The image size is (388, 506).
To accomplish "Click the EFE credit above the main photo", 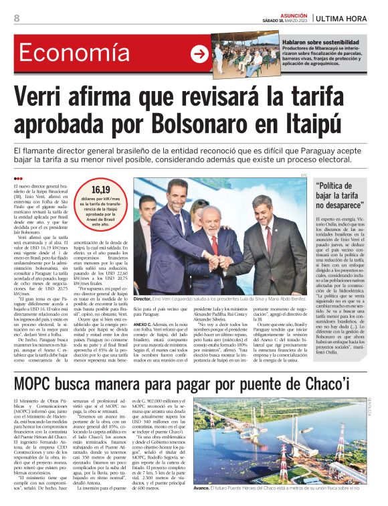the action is (303, 175).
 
